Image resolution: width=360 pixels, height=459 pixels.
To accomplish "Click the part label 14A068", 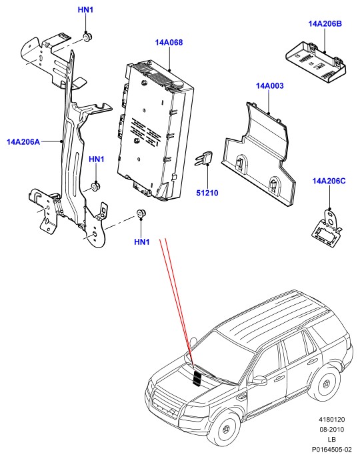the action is pyautogui.click(x=169, y=43).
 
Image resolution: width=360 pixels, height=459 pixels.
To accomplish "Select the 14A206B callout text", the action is pyautogui.click(x=325, y=24).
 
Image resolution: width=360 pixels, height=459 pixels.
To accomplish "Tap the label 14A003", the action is pyautogui.click(x=269, y=86).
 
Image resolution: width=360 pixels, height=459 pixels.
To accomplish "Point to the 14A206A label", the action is pyautogui.click(x=23, y=142).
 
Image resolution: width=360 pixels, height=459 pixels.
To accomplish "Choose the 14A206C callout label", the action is pyautogui.click(x=329, y=181).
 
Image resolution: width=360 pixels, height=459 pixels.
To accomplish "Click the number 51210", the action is pyautogui.click(x=207, y=193).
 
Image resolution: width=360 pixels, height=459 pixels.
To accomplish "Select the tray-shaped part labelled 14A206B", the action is pyautogui.click(x=316, y=62).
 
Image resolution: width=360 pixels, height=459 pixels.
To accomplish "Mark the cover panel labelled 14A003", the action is pyautogui.click(x=259, y=153).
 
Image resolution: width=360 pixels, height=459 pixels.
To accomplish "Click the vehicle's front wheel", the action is pyautogui.click(x=226, y=429).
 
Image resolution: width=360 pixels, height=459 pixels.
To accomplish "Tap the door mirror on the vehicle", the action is pyautogui.click(x=259, y=380).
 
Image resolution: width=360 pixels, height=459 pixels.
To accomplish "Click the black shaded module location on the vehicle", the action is pyautogui.click(x=197, y=378).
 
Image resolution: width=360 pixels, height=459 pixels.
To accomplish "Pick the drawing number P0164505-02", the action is pyautogui.click(x=331, y=450).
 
